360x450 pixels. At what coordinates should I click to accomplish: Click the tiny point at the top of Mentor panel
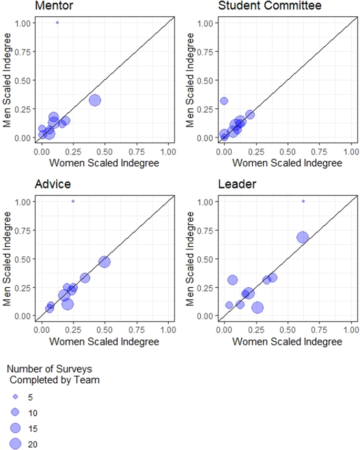(x=57, y=23)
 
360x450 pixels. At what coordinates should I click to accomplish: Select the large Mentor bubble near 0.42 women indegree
(x=95, y=100)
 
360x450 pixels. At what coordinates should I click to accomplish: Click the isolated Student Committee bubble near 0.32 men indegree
(x=224, y=101)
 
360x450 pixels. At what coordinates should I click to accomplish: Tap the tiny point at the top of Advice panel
(x=73, y=201)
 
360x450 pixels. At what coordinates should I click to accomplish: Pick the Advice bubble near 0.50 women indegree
(x=105, y=261)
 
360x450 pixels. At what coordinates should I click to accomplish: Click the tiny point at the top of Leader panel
(x=303, y=201)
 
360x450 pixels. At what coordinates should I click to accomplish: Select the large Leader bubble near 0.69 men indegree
(x=302, y=237)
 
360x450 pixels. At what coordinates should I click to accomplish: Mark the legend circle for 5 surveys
(x=16, y=397)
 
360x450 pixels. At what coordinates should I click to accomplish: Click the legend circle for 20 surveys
(x=16, y=444)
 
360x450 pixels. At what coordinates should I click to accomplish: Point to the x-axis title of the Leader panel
(x=287, y=342)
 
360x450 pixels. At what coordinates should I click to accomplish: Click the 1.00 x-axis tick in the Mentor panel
(x=168, y=152)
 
